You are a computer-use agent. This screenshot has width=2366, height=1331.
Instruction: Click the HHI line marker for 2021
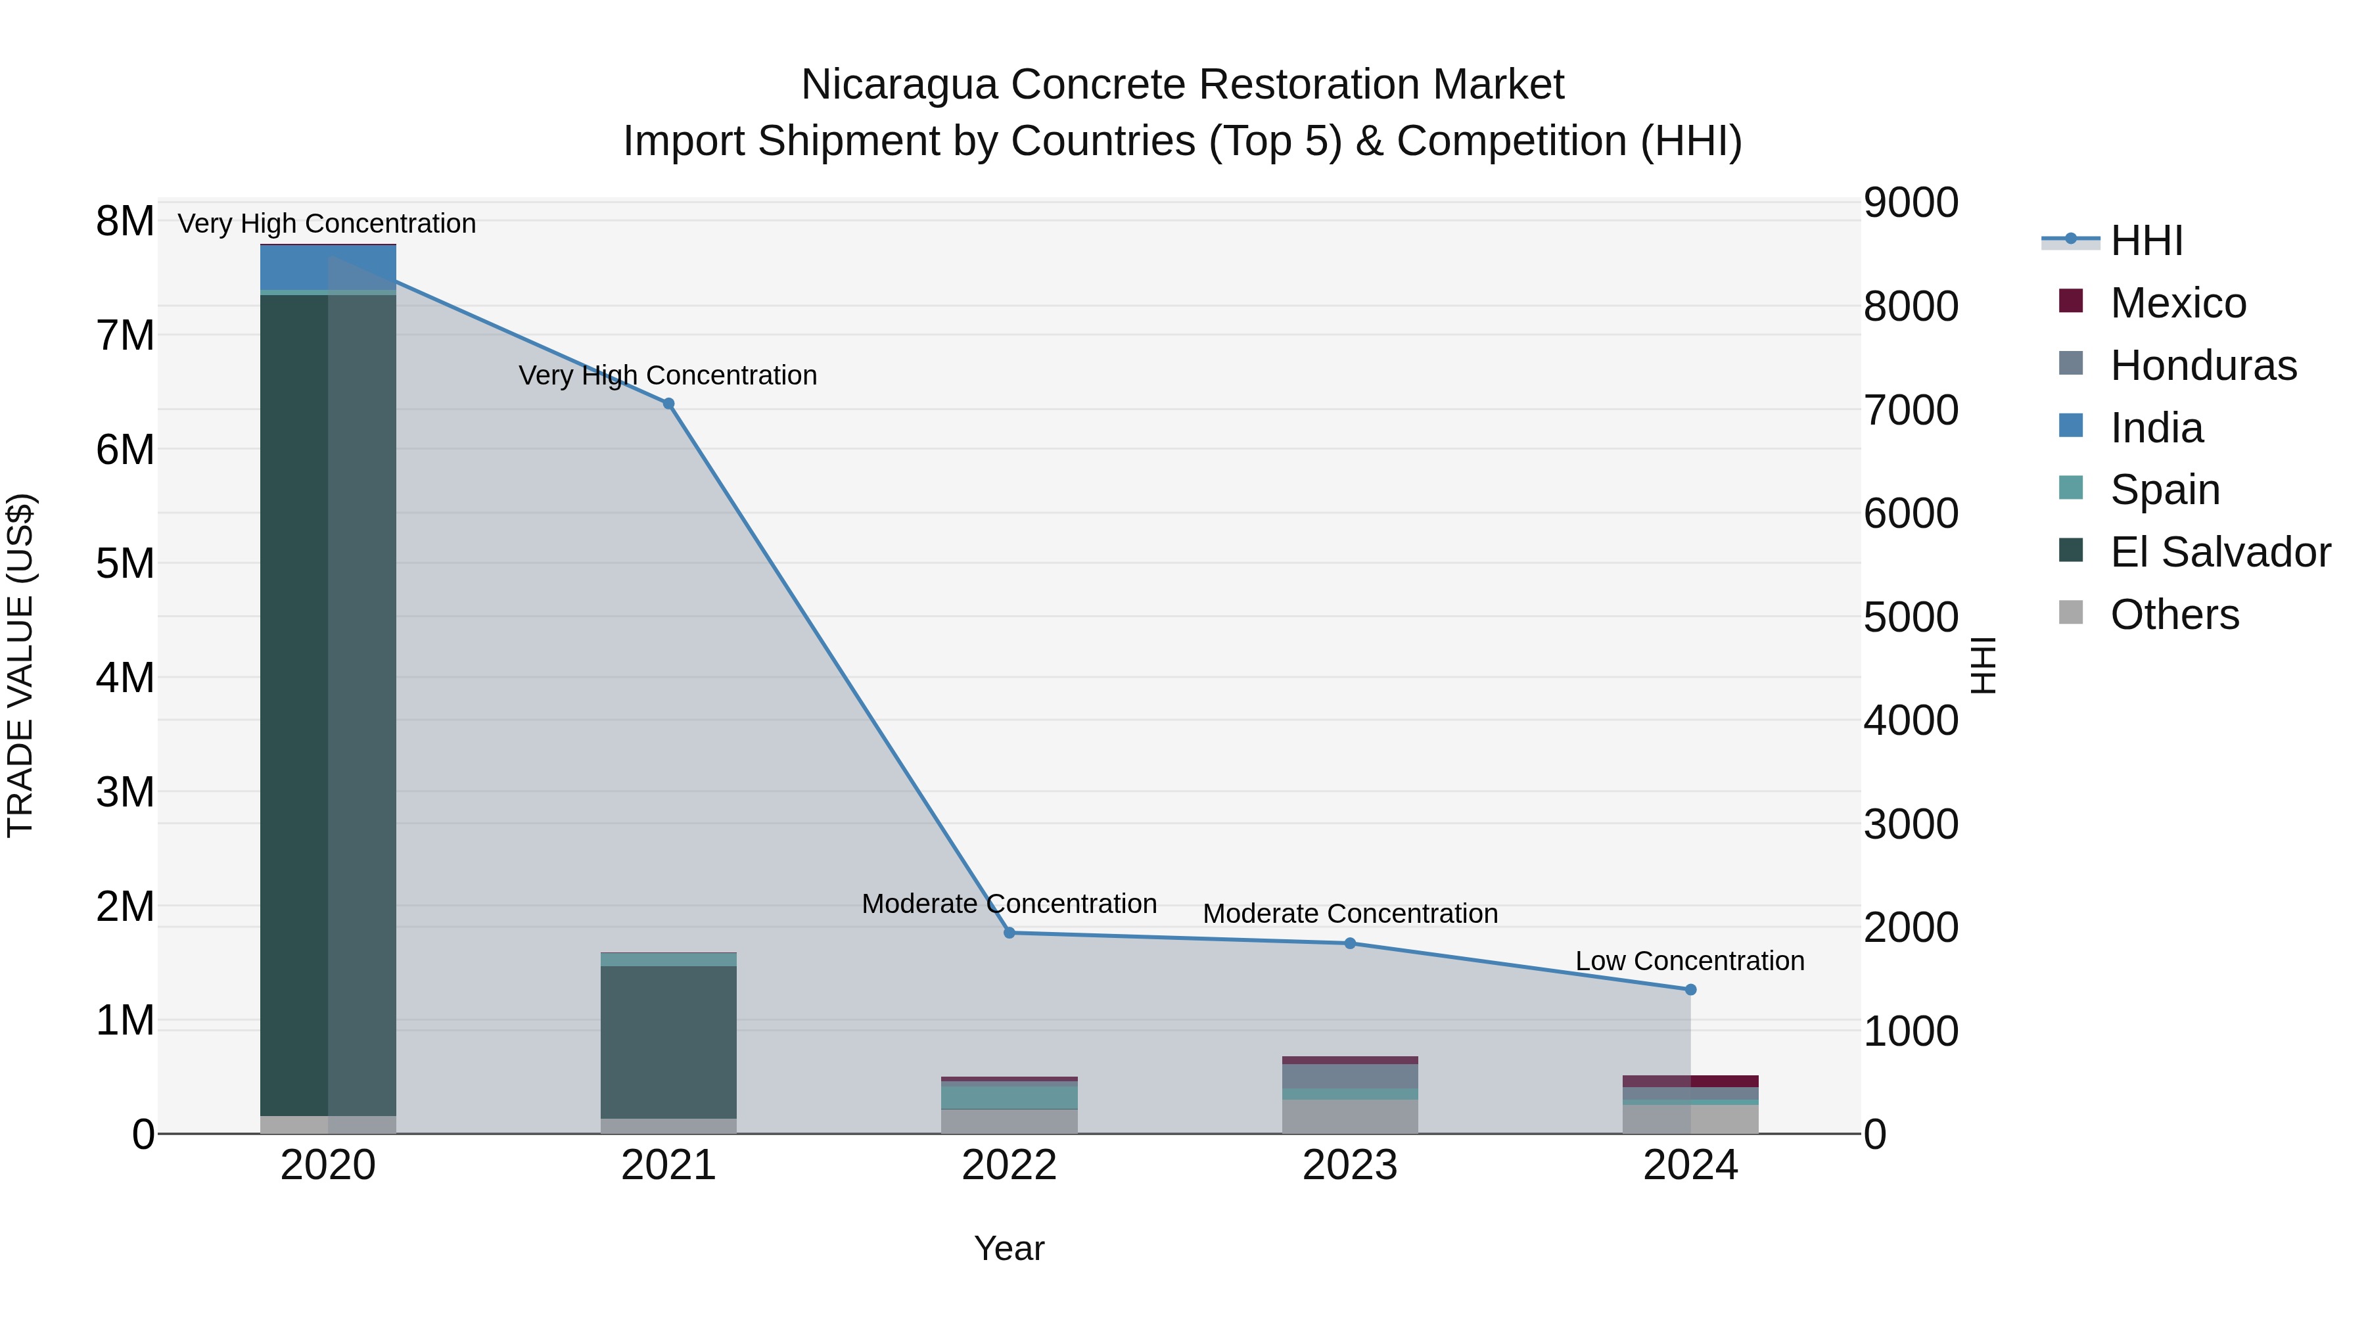tap(668, 404)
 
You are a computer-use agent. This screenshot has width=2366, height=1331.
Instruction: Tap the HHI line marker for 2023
tap(1350, 943)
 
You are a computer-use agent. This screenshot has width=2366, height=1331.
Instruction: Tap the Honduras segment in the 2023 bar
tap(1350, 1075)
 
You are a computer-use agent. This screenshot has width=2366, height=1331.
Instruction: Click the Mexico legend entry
tap(2177, 303)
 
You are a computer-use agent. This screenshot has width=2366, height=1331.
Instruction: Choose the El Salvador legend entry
tap(2218, 552)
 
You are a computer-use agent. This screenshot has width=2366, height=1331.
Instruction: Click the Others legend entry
tap(2173, 615)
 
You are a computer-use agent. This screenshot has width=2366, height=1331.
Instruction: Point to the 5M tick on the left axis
tap(125, 563)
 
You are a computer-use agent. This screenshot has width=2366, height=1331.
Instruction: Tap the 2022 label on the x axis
tap(1009, 1165)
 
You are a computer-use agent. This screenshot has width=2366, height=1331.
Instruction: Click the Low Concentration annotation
tap(1690, 961)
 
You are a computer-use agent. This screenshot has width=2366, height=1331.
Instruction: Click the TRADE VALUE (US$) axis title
tap(20, 665)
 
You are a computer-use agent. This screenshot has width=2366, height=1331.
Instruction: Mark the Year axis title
tap(1009, 1248)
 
